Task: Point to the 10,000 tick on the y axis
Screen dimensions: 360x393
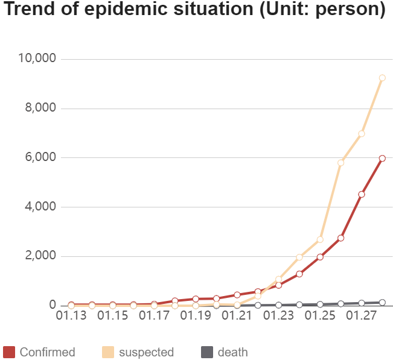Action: pyautogui.click(x=37, y=58)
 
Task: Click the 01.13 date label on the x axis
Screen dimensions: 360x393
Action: pyautogui.click(x=71, y=315)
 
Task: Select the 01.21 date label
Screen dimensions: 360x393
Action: pyautogui.click(x=237, y=315)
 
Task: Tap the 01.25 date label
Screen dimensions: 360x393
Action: pyautogui.click(x=320, y=315)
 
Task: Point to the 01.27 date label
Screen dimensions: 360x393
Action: pyautogui.click(x=361, y=315)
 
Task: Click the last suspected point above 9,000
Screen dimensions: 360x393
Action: pyautogui.click(x=382, y=78)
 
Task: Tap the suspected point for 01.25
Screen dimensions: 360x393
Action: pyautogui.click(x=320, y=239)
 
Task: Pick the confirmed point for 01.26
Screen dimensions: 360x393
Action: pyautogui.click(x=340, y=238)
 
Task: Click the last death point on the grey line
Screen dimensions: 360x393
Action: pyautogui.click(x=382, y=303)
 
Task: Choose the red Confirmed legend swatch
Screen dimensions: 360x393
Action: pyautogui.click(x=9, y=352)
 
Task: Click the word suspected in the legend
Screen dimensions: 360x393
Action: pyautogui.click(x=146, y=352)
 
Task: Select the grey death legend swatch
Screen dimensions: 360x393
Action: pyautogui.click(x=207, y=352)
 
